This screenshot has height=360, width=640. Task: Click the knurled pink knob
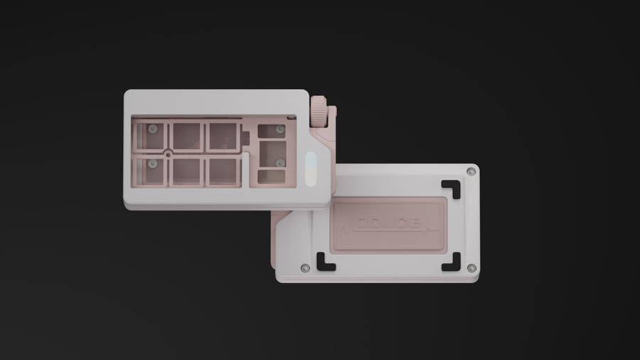(x=321, y=112)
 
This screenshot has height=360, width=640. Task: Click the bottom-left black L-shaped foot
(x=326, y=262)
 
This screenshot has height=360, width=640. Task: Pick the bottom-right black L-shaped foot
(x=451, y=262)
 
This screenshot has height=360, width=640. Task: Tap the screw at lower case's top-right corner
(x=471, y=171)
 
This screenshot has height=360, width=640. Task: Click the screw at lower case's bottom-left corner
(x=305, y=268)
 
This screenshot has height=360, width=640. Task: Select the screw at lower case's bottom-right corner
(x=471, y=268)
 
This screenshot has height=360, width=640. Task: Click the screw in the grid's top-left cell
(x=151, y=129)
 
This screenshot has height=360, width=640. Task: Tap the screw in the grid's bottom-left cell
(x=151, y=164)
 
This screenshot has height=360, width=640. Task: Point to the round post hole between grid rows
(x=168, y=152)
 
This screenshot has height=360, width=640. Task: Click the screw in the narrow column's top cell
(x=280, y=129)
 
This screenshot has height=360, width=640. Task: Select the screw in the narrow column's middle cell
(x=279, y=162)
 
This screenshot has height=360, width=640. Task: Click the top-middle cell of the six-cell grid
(x=186, y=136)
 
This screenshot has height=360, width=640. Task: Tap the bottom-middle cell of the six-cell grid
(x=186, y=171)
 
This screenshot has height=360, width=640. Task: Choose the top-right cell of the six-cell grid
(x=222, y=136)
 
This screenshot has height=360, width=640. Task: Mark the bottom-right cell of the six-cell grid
(x=222, y=171)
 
